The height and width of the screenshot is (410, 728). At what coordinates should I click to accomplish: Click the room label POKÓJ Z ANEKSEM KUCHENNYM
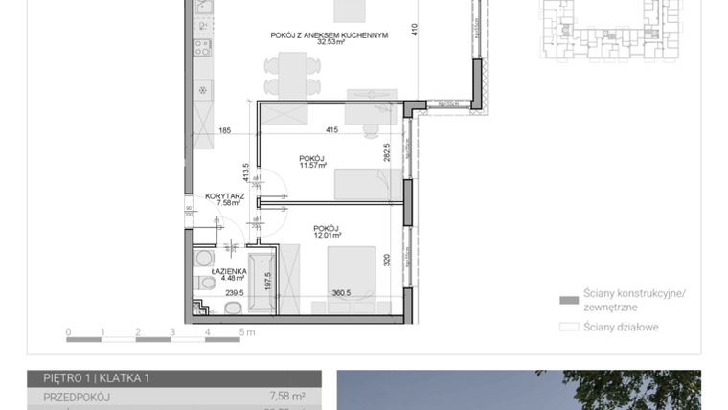coord(329,35)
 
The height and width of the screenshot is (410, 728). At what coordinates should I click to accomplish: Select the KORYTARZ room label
coord(224,195)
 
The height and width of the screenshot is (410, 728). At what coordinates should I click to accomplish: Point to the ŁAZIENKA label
coord(214,271)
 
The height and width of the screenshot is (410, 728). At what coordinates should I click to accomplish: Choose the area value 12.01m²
coord(327,236)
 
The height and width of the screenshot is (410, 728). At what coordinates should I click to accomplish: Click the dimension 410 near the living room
coord(415,28)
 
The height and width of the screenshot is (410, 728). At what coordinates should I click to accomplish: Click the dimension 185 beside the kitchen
coord(224,130)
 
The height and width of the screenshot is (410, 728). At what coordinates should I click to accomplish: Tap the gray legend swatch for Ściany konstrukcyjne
coord(569,300)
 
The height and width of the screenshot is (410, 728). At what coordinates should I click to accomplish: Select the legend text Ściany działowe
coord(621,327)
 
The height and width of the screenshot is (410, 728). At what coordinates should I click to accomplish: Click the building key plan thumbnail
coord(610,30)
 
